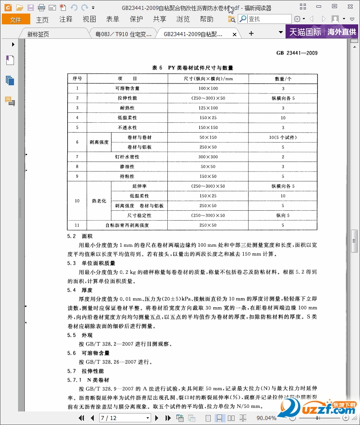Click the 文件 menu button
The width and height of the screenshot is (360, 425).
tap(16, 19)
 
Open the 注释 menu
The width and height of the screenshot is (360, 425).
tap(66, 19)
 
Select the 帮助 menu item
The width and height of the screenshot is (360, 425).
tap(206, 19)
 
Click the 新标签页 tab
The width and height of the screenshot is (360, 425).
tap(38, 34)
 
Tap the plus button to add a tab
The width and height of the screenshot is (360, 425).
tap(251, 33)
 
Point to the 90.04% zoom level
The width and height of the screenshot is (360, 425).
tap(266, 418)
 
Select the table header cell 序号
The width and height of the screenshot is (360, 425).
tap(77, 79)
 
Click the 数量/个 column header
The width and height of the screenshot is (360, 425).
tap(283, 79)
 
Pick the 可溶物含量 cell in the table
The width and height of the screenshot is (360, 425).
tap(127, 88)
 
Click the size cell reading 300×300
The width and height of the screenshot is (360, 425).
tap(208, 157)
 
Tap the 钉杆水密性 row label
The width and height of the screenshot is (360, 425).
tap(127, 157)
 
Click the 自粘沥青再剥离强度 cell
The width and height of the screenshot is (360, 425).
tap(127, 225)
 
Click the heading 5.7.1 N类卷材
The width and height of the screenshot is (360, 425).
tap(88, 380)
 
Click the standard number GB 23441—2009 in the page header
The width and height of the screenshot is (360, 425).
tap(297, 53)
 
